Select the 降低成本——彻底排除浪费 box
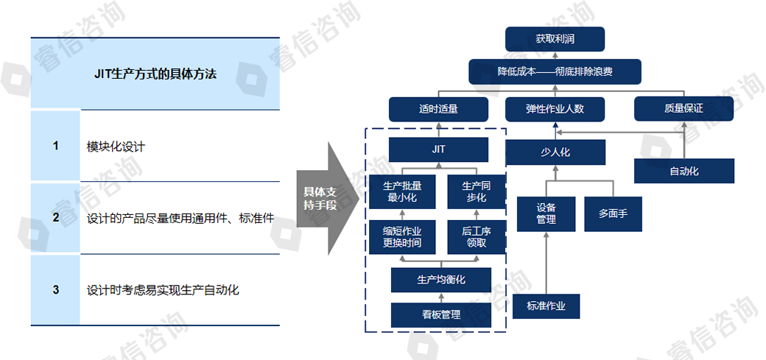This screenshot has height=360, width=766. click(x=555, y=72)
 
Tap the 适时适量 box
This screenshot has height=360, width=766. click(x=438, y=109)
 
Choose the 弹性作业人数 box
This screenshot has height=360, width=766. click(x=555, y=109)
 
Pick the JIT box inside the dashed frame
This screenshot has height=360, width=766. click(x=438, y=149)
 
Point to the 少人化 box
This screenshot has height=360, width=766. click(x=555, y=152)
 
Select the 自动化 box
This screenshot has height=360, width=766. click(x=684, y=171)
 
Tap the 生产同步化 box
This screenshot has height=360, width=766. click(x=476, y=191)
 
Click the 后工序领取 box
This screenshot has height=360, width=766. click(x=476, y=236)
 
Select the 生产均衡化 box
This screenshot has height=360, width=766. click(x=440, y=280)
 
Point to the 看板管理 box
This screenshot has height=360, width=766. click(x=440, y=315)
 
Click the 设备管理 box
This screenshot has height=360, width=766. click(x=546, y=213)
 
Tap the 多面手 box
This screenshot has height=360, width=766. click(x=613, y=213)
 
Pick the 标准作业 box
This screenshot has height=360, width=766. click(x=547, y=306)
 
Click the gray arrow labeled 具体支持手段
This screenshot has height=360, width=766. click(x=323, y=198)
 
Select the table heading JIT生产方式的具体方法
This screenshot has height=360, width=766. click(x=155, y=74)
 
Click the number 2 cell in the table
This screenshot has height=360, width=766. click(x=55, y=217)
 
